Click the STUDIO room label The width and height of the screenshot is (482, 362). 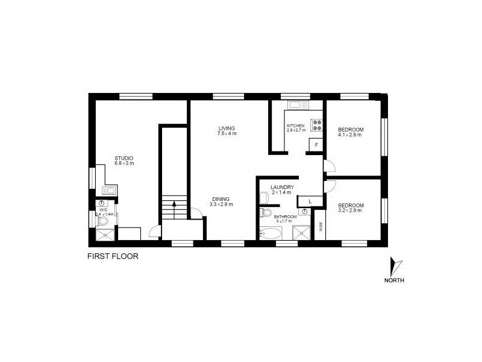124,158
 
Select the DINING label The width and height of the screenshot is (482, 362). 221,200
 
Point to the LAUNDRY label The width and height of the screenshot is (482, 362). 281,187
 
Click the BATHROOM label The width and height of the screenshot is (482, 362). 284,217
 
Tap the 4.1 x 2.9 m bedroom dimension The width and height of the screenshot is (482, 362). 350,135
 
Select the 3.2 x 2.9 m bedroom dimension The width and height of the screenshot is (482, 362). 349,211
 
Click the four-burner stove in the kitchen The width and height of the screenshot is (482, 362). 317,125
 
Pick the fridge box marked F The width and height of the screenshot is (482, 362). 316,145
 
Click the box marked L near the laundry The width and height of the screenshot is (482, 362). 310,201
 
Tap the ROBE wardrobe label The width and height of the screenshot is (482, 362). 321,226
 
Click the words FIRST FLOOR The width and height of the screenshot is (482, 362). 113,256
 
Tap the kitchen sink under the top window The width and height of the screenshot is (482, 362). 298,106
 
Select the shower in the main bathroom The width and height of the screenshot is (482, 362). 301,233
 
